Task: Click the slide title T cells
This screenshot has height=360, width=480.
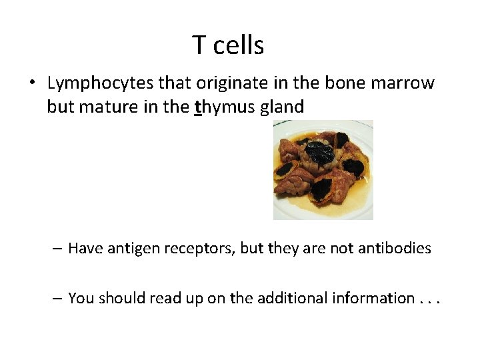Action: (x=228, y=45)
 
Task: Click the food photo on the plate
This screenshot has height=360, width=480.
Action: (x=323, y=170)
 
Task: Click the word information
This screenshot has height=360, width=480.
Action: (x=374, y=298)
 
